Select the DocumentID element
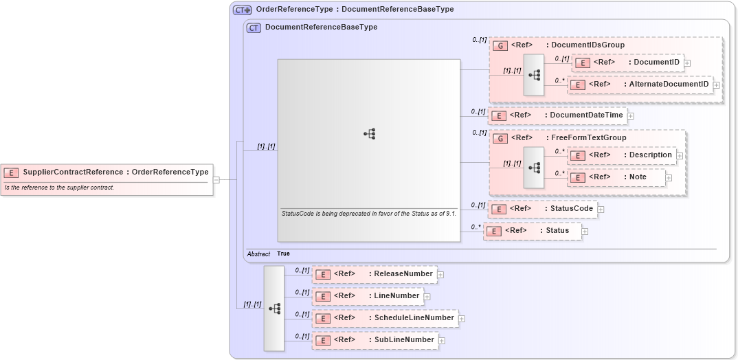(627, 63)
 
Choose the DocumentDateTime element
(557, 115)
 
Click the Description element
(622, 155)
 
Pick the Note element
(616, 177)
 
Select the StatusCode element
(542, 209)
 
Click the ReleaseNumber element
(374, 274)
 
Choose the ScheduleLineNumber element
(385, 318)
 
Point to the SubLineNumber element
(375, 340)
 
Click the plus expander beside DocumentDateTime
(631, 116)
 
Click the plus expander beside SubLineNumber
(442, 341)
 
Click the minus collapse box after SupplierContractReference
(216, 180)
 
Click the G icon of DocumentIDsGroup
(501, 45)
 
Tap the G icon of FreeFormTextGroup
(501, 138)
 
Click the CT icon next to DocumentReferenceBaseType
(254, 28)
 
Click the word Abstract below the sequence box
(258, 254)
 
